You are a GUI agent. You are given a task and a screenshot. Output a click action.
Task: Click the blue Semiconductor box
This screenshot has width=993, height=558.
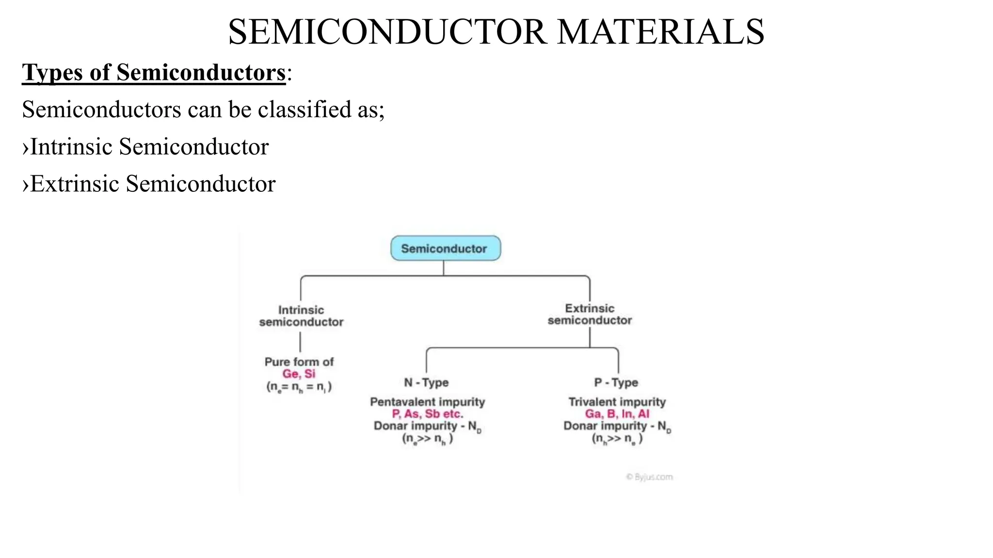click(x=445, y=248)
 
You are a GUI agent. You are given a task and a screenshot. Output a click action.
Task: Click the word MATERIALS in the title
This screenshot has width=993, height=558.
click(x=660, y=32)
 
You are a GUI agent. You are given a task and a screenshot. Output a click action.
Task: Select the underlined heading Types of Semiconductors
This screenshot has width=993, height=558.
click(x=154, y=73)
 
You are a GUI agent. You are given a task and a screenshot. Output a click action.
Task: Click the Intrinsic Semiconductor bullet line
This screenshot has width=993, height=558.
click(x=145, y=147)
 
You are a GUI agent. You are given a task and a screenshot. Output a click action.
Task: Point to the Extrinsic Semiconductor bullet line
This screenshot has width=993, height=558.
click(x=149, y=184)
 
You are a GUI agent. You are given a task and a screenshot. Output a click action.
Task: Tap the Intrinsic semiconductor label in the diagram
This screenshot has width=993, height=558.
click(x=301, y=316)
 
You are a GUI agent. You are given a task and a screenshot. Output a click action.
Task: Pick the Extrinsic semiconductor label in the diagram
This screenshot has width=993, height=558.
click(x=590, y=314)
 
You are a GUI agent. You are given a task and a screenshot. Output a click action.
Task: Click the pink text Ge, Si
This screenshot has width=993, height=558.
click(x=299, y=374)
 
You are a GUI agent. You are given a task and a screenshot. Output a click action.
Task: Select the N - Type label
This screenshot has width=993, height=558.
click(x=426, y=383)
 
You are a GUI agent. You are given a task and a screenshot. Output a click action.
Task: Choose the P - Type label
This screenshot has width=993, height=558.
click(x=616, y=383)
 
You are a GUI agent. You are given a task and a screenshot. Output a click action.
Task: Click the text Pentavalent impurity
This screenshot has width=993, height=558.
click(x=427, y=402)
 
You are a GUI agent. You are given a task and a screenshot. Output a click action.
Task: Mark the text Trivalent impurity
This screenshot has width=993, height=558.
click(x=617, y=402)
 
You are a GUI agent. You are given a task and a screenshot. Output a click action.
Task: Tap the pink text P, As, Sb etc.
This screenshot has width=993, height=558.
click(x=427, y=414)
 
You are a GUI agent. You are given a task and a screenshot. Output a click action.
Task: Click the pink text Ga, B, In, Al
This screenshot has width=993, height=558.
click(x=617, y=414)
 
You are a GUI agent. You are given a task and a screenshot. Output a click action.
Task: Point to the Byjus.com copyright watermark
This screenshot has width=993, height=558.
click(x=649, y=477)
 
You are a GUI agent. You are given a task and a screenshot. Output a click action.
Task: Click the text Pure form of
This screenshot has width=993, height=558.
click(x=299, y=362)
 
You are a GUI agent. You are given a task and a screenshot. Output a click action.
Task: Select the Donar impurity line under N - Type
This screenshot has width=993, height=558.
click(x=427, y=426)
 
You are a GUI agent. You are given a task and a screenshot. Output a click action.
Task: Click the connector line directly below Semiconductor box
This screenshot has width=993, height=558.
click(x=444, y=268)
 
